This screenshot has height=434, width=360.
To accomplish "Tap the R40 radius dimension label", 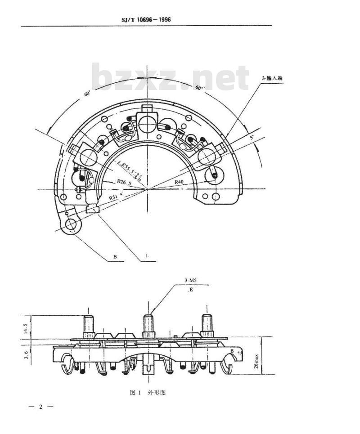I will [180, 181].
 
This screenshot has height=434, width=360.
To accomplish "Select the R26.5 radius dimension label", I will [124, 182].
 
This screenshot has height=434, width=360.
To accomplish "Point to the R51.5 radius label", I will [115, 196].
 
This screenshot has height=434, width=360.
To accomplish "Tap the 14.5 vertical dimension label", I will [27, 327].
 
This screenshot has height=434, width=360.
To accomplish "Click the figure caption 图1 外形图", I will [148, 392].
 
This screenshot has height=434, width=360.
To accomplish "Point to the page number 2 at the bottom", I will [40, 407].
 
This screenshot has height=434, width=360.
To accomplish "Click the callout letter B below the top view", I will [115, 257].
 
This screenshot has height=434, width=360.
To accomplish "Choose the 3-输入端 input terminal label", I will [272, 78].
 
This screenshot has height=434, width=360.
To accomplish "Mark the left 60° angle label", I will [87, 94].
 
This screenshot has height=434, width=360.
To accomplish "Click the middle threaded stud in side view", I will [148, 325].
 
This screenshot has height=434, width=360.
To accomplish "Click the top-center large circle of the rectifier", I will [147, 123].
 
